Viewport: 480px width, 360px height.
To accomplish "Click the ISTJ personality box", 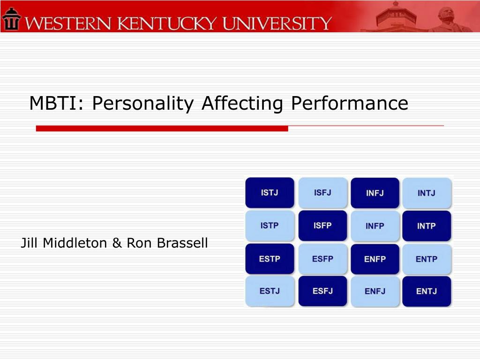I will coord(270,193).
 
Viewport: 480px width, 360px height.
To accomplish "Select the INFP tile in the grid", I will coord(375,226).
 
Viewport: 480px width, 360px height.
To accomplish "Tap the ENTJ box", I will coord(426,291).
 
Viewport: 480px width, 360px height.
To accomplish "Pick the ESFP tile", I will coord(322,259).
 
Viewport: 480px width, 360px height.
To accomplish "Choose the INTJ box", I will coord(427,193).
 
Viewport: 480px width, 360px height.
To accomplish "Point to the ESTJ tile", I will coord(270,291).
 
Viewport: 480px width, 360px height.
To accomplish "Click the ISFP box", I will coord(322,226).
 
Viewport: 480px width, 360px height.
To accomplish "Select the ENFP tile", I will coord(375,259).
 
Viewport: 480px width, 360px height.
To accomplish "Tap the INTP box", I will coord(427,226).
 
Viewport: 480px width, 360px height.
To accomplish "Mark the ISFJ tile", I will coord(322,193).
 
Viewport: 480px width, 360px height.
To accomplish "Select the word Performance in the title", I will coord(349,103).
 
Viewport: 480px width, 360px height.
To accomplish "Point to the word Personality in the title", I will coord(142,103).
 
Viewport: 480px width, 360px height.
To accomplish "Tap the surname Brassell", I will coord(182,243).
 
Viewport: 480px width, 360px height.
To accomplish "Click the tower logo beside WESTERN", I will coord(11,19).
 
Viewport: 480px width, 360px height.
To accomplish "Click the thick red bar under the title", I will coord(162,128).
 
